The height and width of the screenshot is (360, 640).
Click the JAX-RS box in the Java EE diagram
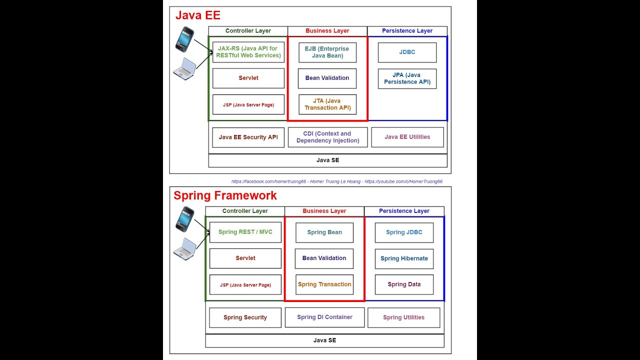point(248,52)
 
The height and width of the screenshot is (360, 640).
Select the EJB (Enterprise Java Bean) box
point(327,52)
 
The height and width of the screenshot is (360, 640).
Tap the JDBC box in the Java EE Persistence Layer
point(407,52)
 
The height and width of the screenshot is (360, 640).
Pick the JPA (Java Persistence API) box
point(407,78)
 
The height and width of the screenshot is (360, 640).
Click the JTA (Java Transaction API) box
point(327,104)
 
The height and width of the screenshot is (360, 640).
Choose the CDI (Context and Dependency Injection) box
point(327,137)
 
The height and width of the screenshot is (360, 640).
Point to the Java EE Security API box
point(248,137)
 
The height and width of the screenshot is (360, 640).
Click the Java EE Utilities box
point(407,137)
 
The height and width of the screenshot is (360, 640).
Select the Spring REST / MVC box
point(245,232)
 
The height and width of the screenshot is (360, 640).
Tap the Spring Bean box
point(324,232)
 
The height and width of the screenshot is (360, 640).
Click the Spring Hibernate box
point(404,258)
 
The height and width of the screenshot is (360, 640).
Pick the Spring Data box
point(404,284)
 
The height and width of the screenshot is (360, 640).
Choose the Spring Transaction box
point(324,284)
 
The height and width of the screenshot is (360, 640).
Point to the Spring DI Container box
point(324,317)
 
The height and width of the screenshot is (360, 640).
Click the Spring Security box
point(245,317)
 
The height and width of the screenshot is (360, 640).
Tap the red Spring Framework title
point(225,195)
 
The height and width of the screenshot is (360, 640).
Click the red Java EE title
point(197,15)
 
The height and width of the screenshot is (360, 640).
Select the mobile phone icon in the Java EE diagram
point(184,39)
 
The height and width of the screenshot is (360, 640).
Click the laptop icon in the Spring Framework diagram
point(184,248)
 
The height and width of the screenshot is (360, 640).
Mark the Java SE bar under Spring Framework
point(324,340)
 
